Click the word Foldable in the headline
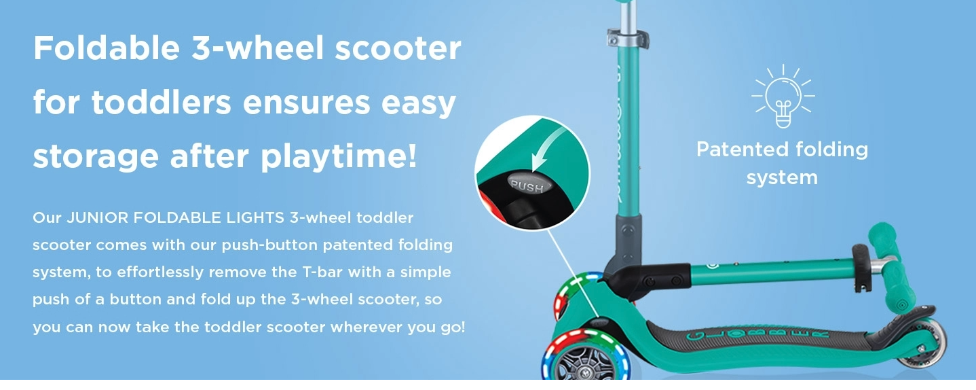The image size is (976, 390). [x=107, y=48]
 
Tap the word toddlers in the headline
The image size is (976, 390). [x=162, y=102]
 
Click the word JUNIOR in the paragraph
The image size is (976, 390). [x=97, y=217]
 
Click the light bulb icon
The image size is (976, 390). [x=783, y=96]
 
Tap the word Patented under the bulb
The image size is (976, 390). [x=743, y=149]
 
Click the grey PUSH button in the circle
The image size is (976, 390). [x=529, y=184]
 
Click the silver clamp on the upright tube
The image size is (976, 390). [x=627, y=38]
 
